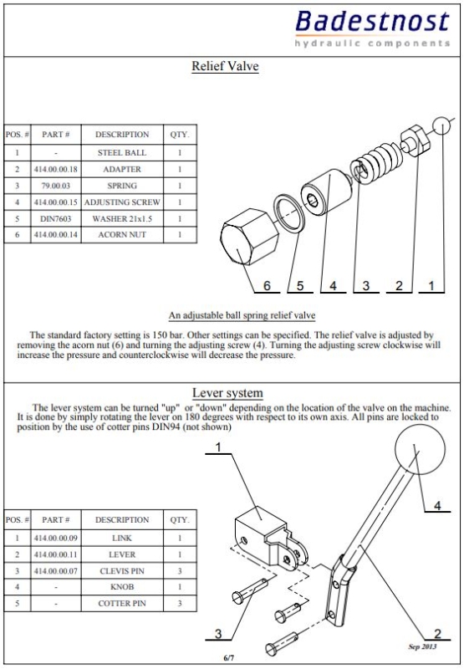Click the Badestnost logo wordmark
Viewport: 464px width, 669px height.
pyautogui.click(x=373, y=23)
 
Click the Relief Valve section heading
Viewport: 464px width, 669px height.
pyautogui.click(x=225, y=66)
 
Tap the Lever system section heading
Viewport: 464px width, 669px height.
pyautogui.click(x=227, y=392)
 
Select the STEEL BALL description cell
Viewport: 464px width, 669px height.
pyautogui.click(x=122, y=153)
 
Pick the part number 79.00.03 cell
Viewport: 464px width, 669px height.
pyautogui.click(x=56, y=186)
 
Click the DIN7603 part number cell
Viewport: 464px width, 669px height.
pyautogui.click(x=56, y=219)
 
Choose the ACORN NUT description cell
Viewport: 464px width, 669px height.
pyautogui.click(x=122, y=235)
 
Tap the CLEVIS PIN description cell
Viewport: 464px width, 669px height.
pyautogui.click(x=122, y=571)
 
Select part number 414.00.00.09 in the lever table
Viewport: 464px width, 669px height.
pyautogui.click(x=56, y=538)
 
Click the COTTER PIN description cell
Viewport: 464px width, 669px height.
pyautogui.click(x=122, y=603)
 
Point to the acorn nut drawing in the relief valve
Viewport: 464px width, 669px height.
pyautogui.click(x=249, y=237)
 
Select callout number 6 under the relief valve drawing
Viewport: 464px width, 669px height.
pyautogui.click(x=267, y=285)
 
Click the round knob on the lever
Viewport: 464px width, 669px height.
pyautogui.click(x=420, y=449)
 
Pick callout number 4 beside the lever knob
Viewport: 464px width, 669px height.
pyautogui.click(x=437, y=506)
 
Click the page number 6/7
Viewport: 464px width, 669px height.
pyautogui.click(x=228, y=657)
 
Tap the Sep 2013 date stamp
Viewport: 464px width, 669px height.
pyautogui.click(x=422, y=646)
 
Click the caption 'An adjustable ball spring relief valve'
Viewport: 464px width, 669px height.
pyautogui.click(x=242, y=316)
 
